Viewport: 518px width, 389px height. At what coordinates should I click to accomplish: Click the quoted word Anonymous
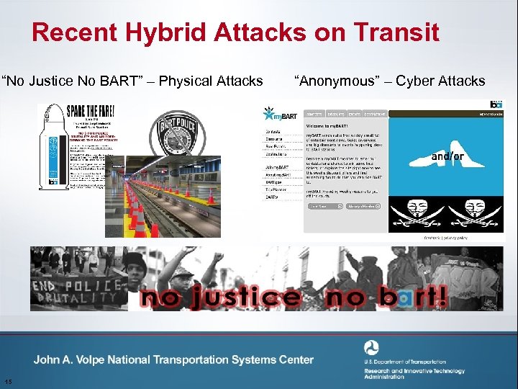coord(336,81)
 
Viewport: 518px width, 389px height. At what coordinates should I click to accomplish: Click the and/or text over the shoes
coord(447,156)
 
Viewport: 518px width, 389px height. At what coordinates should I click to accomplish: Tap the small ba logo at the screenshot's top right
coord(496,104)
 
